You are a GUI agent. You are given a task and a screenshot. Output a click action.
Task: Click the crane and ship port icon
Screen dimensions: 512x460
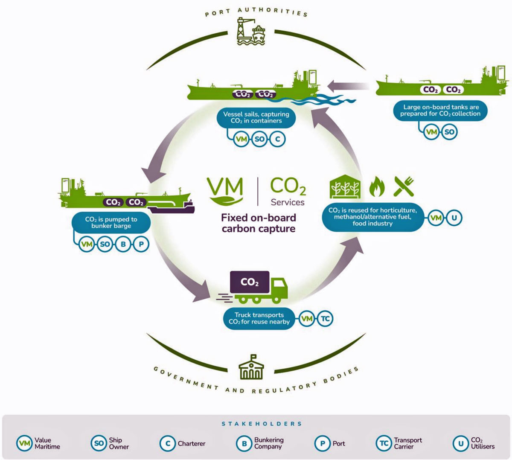[x=251, y=31]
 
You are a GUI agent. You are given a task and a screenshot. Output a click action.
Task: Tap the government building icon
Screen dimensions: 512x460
[x=251, y=367]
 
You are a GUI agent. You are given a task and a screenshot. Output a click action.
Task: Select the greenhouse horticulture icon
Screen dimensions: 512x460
[x=345, y=186]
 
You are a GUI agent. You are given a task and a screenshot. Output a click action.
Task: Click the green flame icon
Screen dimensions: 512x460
[x=377, y=186]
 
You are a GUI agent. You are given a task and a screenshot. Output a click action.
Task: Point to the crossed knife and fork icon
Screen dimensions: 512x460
[x=404, y=186]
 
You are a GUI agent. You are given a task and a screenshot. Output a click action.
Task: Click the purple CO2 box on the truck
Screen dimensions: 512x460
[x=250, y=282]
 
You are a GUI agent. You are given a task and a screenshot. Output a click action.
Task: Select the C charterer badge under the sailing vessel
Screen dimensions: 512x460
[x=277, y=139]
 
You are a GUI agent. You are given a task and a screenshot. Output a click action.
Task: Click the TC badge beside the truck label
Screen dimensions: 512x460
[x=325, y=318]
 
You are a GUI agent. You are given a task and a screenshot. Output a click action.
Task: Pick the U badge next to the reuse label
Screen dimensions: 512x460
[x=454, y=218]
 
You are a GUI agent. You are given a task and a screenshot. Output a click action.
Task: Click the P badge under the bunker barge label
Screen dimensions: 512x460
[x=141, y=244]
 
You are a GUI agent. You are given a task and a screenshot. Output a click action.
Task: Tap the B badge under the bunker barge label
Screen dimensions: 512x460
[x=123, y=244]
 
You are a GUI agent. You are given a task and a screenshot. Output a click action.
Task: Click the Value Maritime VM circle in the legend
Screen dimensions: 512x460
[x=24, y=443]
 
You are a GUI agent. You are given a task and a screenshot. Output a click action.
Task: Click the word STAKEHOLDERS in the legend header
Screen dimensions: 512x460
[x=262, y=424]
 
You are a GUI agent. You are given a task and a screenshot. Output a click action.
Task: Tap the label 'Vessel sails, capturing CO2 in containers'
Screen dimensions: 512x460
[x=256, y=118]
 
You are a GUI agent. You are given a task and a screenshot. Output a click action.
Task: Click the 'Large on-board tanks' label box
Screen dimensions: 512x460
[x=440, y=111]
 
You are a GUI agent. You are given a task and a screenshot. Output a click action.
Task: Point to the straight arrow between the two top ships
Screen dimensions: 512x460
[x=348, y=87]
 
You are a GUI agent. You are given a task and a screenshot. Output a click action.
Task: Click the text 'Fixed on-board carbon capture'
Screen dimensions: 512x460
[x=259, y=223]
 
